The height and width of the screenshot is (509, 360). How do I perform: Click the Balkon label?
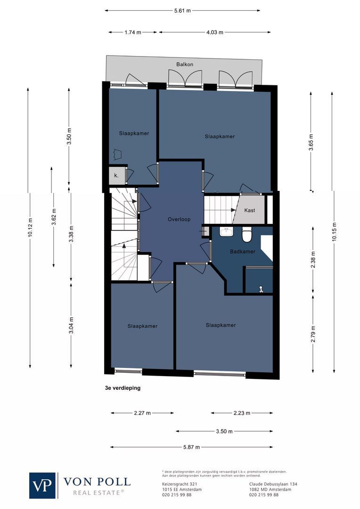pyautogui.click(x=185, y=65)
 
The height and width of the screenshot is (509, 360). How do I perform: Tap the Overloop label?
pyautogui.click(x=179, y=220)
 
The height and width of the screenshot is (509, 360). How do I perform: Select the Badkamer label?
pyautogui.click(x=243, y=252)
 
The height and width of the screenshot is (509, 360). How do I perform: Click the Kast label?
pyautogui.click(x=250, y=210)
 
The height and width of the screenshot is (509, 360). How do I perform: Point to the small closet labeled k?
pyautogui.click(x=116, y=176)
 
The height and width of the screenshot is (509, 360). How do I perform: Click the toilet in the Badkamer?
pyautogui.click(x=247, y=234)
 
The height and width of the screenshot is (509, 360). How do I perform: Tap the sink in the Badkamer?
pyautogui.click(x=227, y=232)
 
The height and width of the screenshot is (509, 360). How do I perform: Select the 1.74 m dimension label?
pyautogui.click(x=133, y=33)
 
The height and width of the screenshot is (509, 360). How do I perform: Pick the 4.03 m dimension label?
pyautogui.click(x=214, y=33)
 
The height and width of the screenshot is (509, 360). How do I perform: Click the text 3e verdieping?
pyautogui.click(x=123, y=389)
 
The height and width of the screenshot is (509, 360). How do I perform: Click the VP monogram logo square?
pyautogui.click(x=43, y=485)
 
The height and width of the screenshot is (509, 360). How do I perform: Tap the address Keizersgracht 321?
pyautogui.click(x=179, y=484)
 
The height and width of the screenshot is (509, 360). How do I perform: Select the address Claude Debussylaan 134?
pyautogui.click(x=273, y=484)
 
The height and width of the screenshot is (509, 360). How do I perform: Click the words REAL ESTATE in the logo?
pyautogui.click(x=98, y=493)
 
